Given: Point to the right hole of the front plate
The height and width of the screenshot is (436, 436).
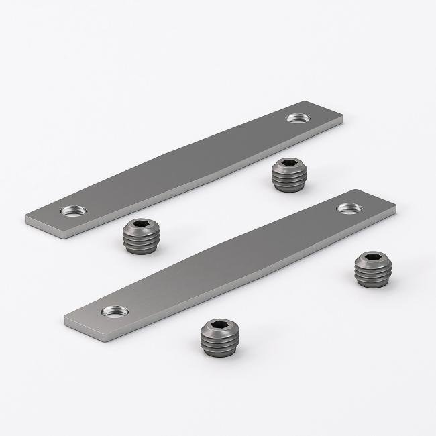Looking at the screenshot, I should coord(347,208).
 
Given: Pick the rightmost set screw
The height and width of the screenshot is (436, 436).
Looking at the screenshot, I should coord(372,270).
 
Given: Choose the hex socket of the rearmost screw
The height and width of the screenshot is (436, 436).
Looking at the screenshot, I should coord(289,165).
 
